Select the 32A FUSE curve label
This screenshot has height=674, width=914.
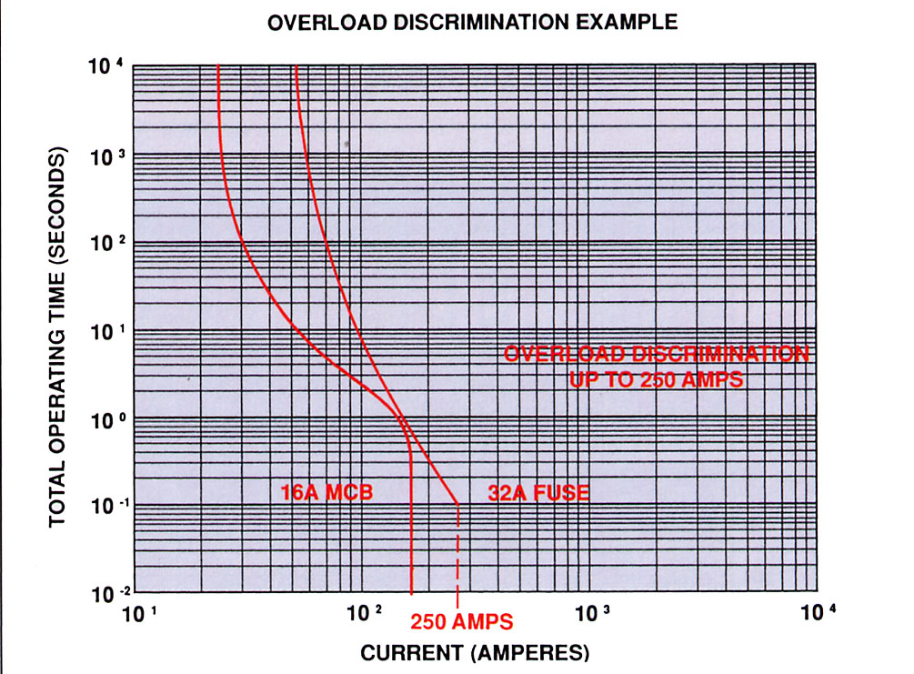pos(534,493)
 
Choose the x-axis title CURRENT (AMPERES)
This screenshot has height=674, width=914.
pos(476,652)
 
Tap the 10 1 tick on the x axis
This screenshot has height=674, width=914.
pos(136,616)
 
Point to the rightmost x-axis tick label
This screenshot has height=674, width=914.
pos(816,616)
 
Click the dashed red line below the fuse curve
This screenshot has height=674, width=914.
pos(457,555)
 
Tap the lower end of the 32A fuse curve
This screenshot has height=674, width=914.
pos(457,502)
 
